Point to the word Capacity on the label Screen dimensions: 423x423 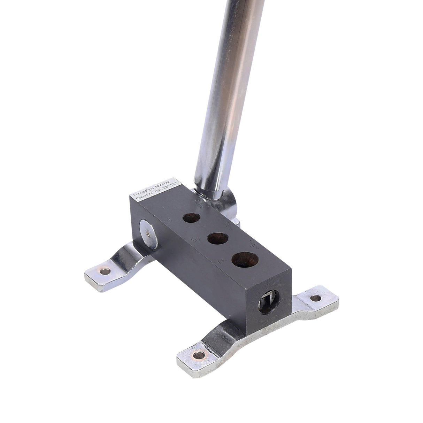(144, 197)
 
